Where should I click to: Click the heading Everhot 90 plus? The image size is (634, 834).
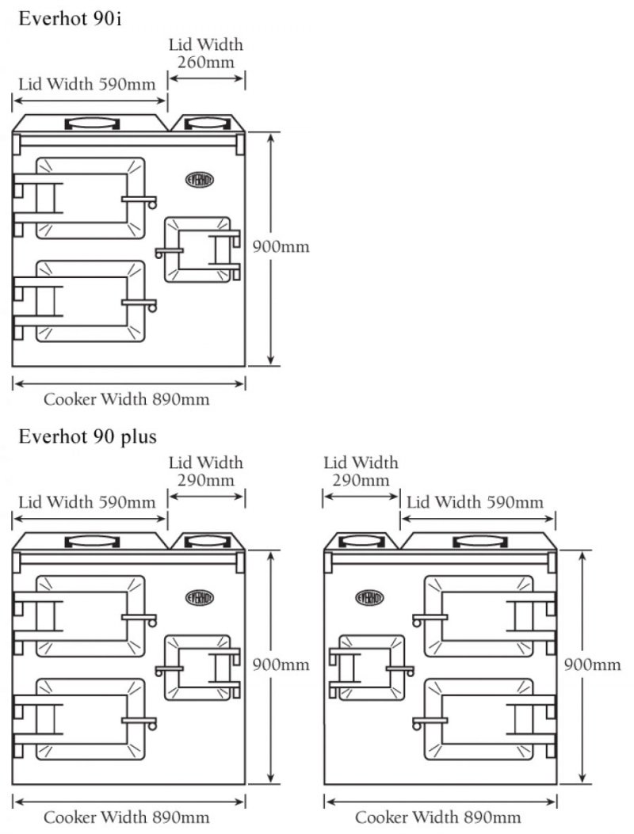tap(88, 436)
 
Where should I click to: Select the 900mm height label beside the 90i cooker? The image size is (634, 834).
tap(281, 246)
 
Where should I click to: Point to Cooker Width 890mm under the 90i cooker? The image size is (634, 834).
tap(127, 399)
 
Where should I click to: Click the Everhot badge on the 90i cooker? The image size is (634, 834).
tap(200, 180)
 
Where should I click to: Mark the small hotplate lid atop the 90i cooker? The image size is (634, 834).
tap(207, 124)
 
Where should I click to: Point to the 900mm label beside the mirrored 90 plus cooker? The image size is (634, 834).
tap(593, 665)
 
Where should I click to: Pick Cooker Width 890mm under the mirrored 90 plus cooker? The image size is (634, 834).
tap(438, 817)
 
